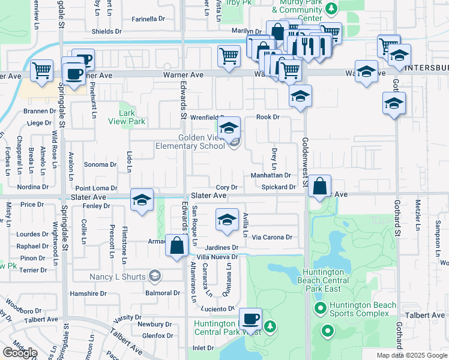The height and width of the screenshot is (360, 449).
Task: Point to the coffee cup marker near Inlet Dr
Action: pyautogui.click(x=250, y=319)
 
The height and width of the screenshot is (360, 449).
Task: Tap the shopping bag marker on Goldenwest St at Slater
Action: pyautogui.click(x=320, y=187)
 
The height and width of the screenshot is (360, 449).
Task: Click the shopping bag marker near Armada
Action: pyautogui.click(x=177, y=246)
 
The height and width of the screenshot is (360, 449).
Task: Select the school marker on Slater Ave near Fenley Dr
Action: pyautogui.click(x=142, y=201)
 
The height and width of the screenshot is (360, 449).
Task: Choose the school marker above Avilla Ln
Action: pyautogui.click(x=226, y=220)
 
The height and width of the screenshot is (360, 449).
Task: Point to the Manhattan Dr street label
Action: pyautogui.click(x=271, y=176)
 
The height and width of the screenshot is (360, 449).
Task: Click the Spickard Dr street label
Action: pyautogui.click(x=279, y=187)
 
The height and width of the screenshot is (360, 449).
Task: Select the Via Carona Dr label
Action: pyautogui.click(x=272, y=237)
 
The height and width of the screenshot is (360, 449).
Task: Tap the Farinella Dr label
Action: pyautogui.click(x=136, y=19)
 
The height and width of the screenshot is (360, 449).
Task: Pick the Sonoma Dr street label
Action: pyautogui.click(x=100, y=164)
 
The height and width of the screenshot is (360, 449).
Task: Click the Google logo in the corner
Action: pyautogui.click(x=20, y=352)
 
